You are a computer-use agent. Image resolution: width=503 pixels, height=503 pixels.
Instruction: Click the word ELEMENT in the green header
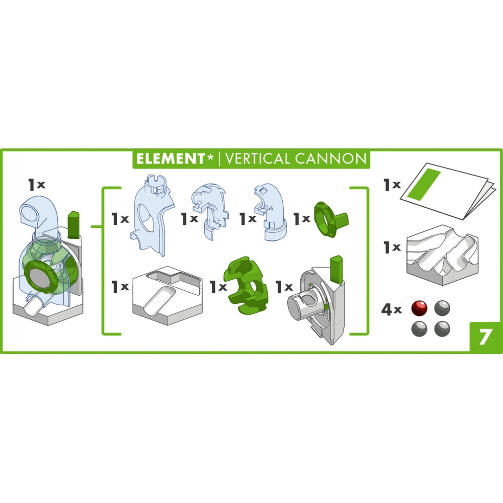(x=171, y=159)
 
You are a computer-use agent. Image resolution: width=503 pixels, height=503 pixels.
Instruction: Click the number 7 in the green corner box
(x=485, y=337)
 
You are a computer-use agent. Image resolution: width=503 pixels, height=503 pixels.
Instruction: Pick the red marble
(x=420, y=308)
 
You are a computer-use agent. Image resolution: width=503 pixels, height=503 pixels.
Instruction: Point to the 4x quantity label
(x=391, y=309)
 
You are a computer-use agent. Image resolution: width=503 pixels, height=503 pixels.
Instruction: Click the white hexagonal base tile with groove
(x=167, y=295)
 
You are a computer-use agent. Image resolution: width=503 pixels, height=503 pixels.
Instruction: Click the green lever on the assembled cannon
(x=73, y=224)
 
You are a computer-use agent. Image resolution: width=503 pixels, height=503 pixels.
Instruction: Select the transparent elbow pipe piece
(x=271, y=212)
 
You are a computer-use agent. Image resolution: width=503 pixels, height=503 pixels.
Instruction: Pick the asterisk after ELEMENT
(x=210, y=157)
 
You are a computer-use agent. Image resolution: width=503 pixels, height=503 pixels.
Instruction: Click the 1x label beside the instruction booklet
(x=392, y=185)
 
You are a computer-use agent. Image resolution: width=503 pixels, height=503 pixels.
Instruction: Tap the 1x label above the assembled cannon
(x=37, y=185)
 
